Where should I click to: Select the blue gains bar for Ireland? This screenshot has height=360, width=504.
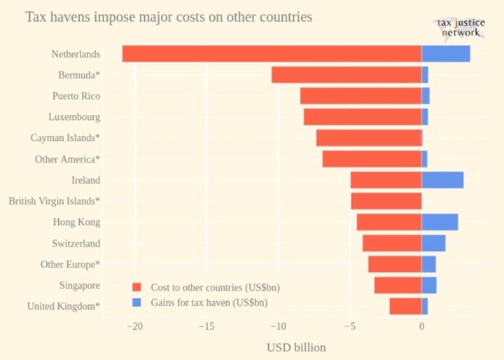coord(442,180)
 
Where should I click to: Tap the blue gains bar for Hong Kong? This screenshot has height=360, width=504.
coord(440,222)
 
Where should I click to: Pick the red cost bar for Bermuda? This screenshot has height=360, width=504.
coord(346,75)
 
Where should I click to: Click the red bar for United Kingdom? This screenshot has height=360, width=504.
coord(405,306)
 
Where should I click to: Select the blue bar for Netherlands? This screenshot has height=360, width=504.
coord(446,54)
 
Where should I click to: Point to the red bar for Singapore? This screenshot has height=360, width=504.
coord(398,285)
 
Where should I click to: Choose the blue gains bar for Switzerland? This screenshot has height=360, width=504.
coord(433,243)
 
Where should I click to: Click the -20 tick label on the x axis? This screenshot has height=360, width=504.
coord(134,326)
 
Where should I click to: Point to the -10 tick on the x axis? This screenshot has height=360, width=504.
coord(278,326)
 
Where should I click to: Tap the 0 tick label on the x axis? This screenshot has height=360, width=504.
coord(421,326)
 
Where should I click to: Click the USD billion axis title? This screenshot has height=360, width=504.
coord(296,347)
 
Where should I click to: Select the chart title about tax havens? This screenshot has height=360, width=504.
coord(169,16)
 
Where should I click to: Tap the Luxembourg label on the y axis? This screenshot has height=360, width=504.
coord(74,117)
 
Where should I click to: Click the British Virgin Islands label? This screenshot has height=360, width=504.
coord(54,201)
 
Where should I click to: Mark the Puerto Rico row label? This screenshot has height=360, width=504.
coord(76,96)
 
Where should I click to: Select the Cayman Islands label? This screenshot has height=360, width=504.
coord(65,138)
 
